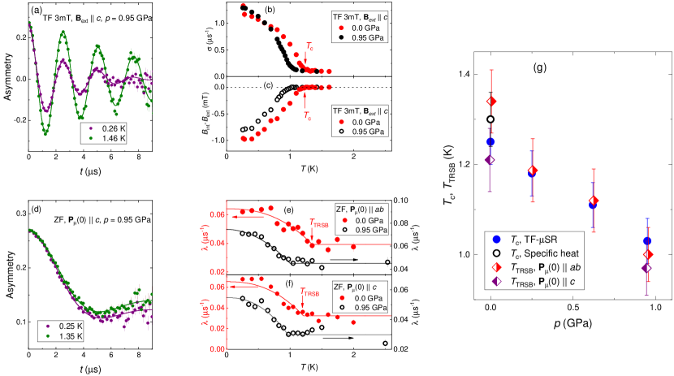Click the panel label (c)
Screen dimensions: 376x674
coord(268,84)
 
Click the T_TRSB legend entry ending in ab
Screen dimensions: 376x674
coord(548,267)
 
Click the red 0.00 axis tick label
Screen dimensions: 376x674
coord(215,349)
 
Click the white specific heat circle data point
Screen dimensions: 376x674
coord(490,119)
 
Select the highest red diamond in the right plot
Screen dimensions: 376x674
coord(490,101)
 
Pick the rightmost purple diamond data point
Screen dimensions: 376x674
coord(646,267)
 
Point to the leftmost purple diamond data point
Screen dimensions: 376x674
coord(489,160)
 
